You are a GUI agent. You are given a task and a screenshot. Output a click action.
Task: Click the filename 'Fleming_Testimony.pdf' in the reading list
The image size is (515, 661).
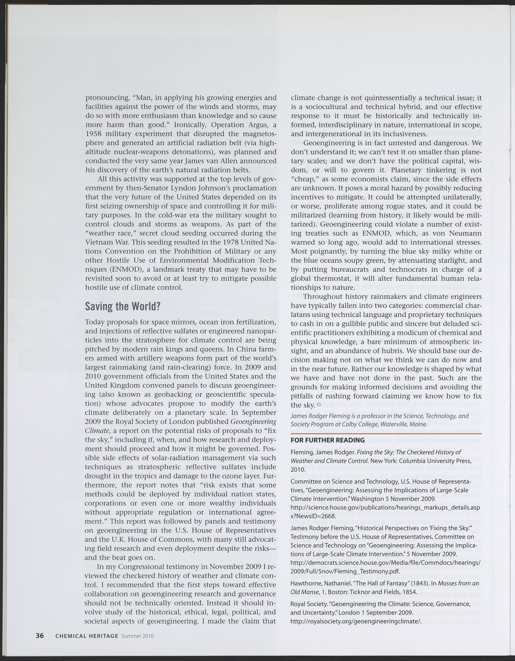tap(367, 571)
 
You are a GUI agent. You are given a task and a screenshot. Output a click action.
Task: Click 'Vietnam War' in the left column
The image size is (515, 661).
tap(105, 242)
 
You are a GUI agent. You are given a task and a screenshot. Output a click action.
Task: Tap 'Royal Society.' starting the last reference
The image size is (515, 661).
tap(307, 604)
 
